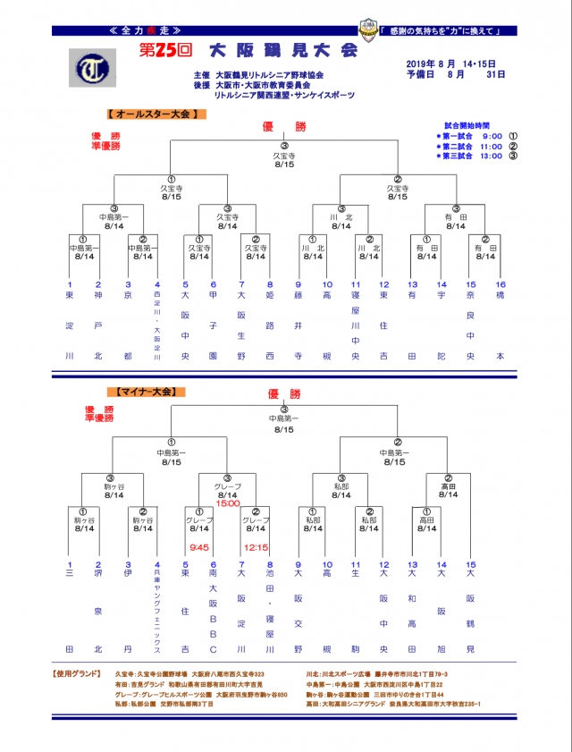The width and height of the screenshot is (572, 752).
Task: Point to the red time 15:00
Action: tap(228, 503)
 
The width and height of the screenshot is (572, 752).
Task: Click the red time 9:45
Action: tap(198, 548)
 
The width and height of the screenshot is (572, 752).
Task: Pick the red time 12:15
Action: tap(257, 548)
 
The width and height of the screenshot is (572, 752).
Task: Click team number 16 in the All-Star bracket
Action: tap(500, 284)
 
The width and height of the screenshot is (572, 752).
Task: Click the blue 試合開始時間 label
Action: tap(469, 126)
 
